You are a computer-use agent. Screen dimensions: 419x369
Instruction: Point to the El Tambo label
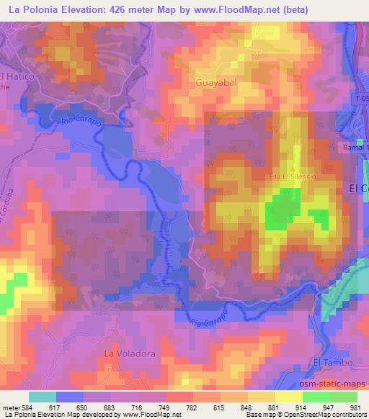[x=333, y=362]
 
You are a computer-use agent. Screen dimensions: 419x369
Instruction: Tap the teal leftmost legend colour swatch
[x=43, y=397]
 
